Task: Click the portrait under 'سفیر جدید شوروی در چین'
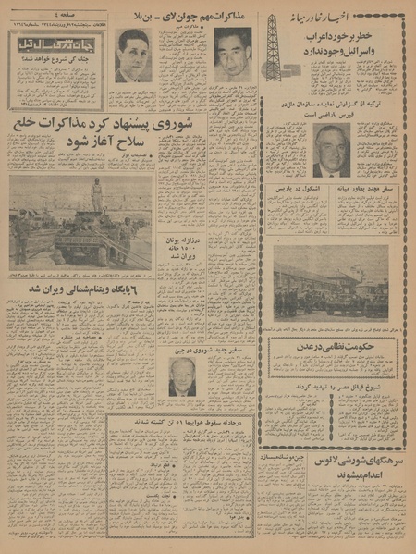pyautogui.click(x=183, y=377)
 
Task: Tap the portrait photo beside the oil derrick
pyautogui.click(x=232, y=55)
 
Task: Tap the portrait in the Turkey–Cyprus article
pyautogui.click(x=331, y=151)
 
